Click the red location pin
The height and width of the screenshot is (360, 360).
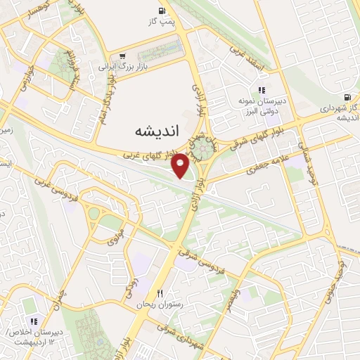point(181,165)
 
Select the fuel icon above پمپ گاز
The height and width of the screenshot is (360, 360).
point(163,11)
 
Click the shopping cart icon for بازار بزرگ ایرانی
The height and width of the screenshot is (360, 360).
point(123,56)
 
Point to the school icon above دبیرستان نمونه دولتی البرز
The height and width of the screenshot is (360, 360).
point(262,91)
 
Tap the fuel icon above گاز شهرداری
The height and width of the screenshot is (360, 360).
point(347,98)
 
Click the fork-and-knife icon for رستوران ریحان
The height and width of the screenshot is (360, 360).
point(160,293)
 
